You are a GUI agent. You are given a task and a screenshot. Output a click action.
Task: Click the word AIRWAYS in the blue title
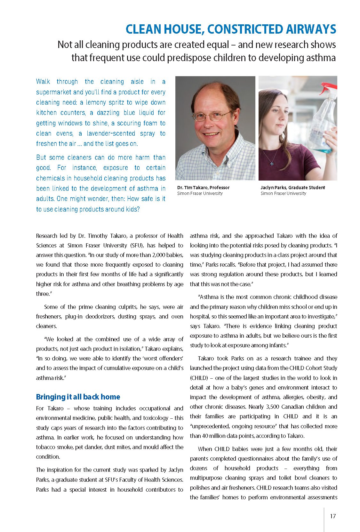pos(311,29)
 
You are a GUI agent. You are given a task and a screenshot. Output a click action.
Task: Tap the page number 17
pos(333,516)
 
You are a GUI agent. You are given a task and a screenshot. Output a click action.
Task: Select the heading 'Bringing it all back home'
pos(78,397)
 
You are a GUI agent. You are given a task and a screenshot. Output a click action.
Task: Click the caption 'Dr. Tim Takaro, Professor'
pos(203,188)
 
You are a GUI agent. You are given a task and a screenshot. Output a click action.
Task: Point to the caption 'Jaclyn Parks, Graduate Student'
pos(292,188)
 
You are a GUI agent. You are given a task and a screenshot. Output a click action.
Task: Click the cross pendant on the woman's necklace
pos(272,164)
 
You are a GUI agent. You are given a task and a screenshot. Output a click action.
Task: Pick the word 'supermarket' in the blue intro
pos(53,92)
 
